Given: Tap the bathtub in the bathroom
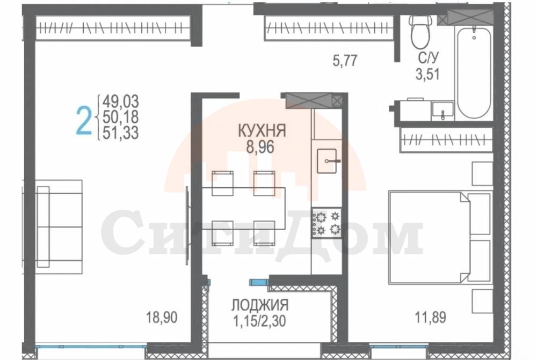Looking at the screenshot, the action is pyautogui.click(x=474, y=73).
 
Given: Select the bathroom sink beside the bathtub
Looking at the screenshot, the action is pyautogui.click(x=442, y=110).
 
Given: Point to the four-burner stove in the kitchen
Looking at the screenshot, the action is pyautogui.click(x=326, y=223).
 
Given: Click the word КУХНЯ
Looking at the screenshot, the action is pyautogui.click(x=262, y=131).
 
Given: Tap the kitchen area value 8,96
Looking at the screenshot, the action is pyautogui.click(x=260, y=147).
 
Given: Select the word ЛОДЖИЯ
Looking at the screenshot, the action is pyautogui.click(x=260, y=305).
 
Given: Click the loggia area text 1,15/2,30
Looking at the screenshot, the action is pyautogui.click(x=259, y=321).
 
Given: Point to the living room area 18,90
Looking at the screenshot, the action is pyautogui.click(x=162, y=317).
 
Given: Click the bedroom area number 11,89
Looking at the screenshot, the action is pyautogui.click(x=431, y=317).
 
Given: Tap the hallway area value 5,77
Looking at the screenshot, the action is pyautogui.click(x=345, y=61).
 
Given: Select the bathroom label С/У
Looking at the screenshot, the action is pyautogui.click(x=428, y=58).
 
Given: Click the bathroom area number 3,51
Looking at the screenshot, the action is pyautogui.click(x=428, y=74).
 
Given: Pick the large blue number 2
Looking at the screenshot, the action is pyautogui.click(x=84, y=120).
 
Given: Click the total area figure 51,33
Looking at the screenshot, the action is pyautogui.click(x=121, y=133).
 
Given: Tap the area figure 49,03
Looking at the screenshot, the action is pyautogui.click(x=121, y=101).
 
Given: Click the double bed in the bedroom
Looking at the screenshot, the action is pyautogui.click(x=440, y=237).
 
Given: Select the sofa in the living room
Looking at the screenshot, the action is pyautogui.click(x=59, y=226).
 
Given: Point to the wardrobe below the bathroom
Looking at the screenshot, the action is pyautogui.click(x=446, y=139).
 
